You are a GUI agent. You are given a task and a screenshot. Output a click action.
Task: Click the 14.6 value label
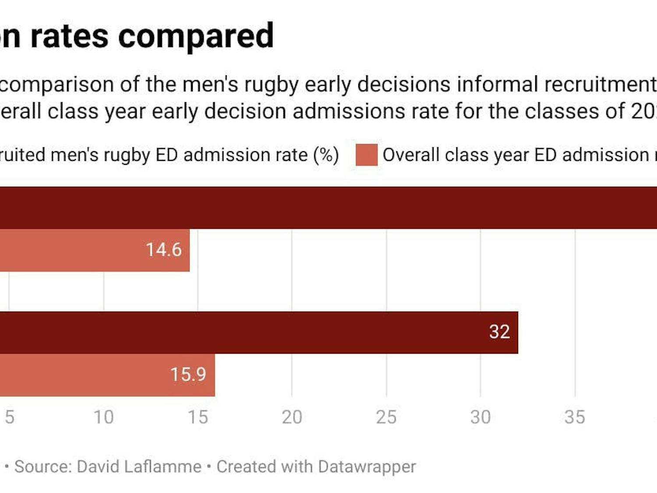[163, 250]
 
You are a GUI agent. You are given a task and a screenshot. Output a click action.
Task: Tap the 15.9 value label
[188, 375]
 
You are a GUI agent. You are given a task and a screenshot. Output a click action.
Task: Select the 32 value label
[499, 332]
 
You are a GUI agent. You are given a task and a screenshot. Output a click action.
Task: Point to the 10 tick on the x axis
[104, 417]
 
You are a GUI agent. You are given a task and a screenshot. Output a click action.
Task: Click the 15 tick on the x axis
[198, 417]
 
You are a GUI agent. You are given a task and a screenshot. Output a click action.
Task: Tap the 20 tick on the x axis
[292, 417]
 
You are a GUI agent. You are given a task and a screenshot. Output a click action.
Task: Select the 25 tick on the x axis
[386, 417]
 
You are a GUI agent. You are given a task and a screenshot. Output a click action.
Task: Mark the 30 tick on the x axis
[480, 417]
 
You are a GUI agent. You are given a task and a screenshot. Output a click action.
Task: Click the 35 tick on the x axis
[575, 417]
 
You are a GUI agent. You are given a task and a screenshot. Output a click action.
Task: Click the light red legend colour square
[367, 155]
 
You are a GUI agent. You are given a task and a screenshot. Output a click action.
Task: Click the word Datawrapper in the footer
[367, 467]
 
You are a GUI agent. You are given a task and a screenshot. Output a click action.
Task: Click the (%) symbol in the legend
[326, 155]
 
